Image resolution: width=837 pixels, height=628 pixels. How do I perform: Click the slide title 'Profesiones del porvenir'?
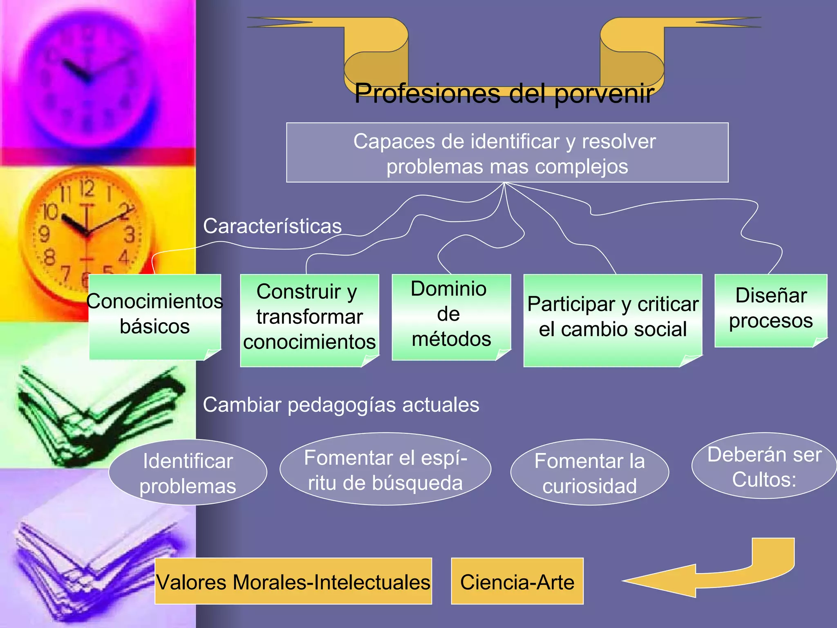(x=504, y=93)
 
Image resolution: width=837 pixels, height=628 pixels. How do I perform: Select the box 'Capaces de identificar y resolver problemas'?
(x=507, y=153)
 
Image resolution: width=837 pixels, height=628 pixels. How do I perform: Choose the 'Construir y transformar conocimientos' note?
(x=309, y=317)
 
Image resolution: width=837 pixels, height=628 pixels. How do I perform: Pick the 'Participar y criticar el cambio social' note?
(x=612, y=317)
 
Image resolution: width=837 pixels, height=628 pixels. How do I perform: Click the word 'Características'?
(x=272, y=226)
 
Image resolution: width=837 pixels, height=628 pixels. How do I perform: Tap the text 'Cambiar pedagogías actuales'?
(x=341, y=405)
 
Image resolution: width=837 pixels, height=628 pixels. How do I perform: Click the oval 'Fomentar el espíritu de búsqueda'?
(x=385, y=470)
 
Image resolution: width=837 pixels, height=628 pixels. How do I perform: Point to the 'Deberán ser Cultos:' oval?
(x=764, y=467)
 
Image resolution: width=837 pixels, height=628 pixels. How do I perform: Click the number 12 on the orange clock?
(x=87, y=188)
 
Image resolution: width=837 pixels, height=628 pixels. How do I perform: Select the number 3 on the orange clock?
(x=130, y=235)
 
